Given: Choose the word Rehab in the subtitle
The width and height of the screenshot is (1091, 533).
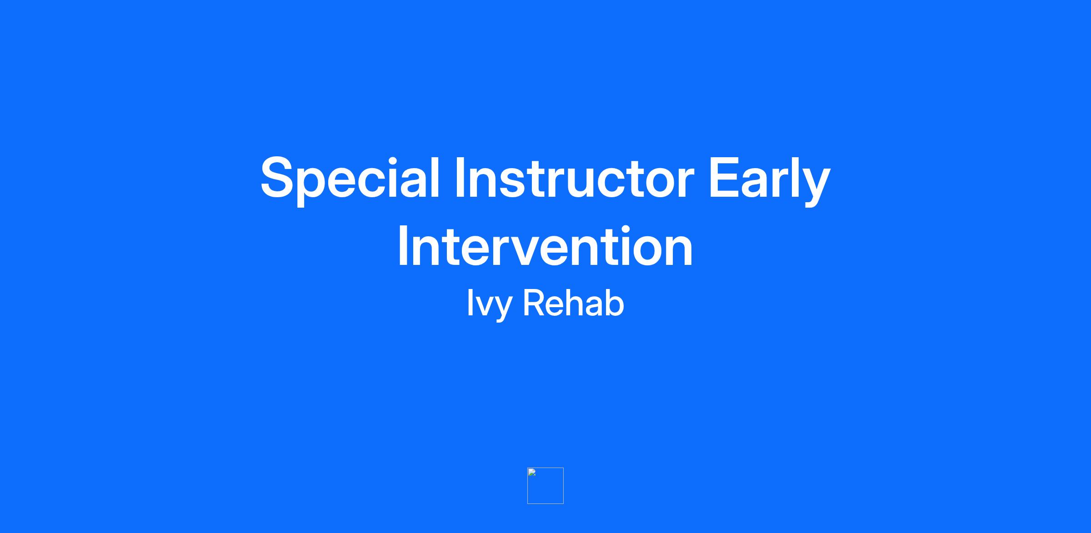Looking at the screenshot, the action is [x=574, y=303].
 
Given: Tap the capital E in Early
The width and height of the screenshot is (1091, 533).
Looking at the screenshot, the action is [x=726, y=178].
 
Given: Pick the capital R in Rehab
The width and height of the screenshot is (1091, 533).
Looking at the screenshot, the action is [x=535, y=303].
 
